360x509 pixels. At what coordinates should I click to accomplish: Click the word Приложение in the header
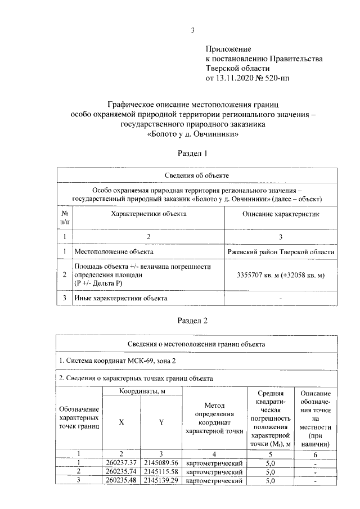pos(228,49)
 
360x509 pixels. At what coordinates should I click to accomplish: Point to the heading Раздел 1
pos(193,153)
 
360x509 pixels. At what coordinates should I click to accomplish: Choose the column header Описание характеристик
pos(273,214)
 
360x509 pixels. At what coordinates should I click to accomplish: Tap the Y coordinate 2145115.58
pos(161,471)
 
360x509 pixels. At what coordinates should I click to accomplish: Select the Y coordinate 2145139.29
pos(161,481)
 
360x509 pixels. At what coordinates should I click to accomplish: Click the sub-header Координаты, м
pos(141,391)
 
